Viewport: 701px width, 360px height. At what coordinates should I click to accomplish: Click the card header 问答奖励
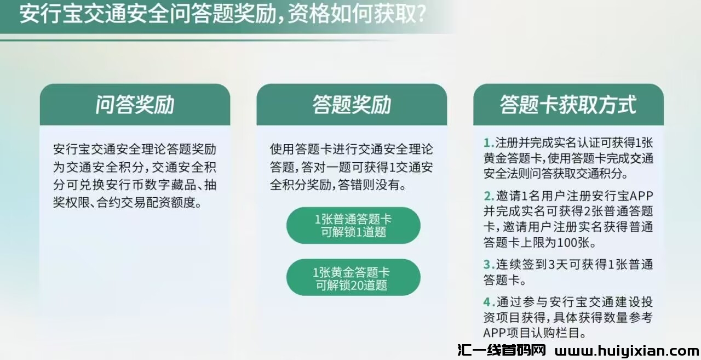135,105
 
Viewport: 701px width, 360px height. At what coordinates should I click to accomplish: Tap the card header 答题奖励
352,105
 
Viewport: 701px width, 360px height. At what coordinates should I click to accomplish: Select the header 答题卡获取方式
568,105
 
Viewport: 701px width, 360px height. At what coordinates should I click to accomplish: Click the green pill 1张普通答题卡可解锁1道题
353,225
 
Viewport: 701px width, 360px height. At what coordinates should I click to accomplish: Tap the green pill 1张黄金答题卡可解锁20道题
353,277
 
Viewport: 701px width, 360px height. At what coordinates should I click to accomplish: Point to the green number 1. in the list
489,143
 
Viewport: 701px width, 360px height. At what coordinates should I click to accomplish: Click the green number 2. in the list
489,196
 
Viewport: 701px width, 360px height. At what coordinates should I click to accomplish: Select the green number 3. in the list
489,265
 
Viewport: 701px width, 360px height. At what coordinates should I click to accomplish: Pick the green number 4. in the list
489,302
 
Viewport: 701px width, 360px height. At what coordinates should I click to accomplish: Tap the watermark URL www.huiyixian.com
627,351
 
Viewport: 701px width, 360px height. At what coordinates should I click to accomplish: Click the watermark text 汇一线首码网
502,350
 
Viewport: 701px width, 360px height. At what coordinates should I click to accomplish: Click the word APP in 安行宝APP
641,196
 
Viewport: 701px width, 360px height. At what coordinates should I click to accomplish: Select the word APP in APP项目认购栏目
495,333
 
